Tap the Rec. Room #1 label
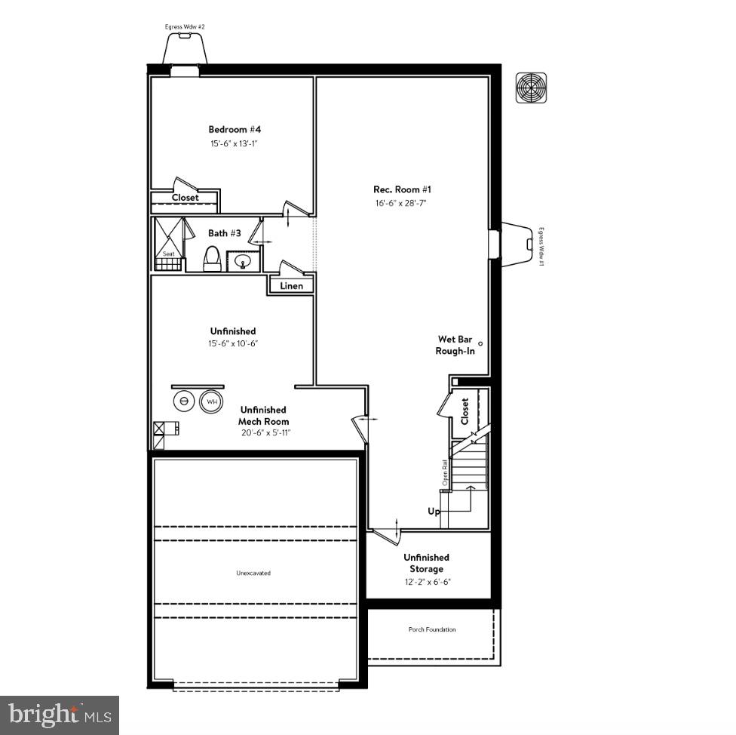402,189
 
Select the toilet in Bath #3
212,259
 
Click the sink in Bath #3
243,262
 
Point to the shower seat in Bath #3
169,254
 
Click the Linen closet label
292,286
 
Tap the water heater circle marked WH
210,401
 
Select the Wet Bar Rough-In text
455,345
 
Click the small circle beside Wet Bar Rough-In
480,344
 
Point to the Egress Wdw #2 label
185,26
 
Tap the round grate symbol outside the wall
531,88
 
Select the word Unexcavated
253,573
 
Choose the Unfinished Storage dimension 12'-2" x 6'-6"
426,582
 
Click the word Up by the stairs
434,512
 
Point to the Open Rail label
445,472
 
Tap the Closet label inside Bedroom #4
185,198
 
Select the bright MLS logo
60,715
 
